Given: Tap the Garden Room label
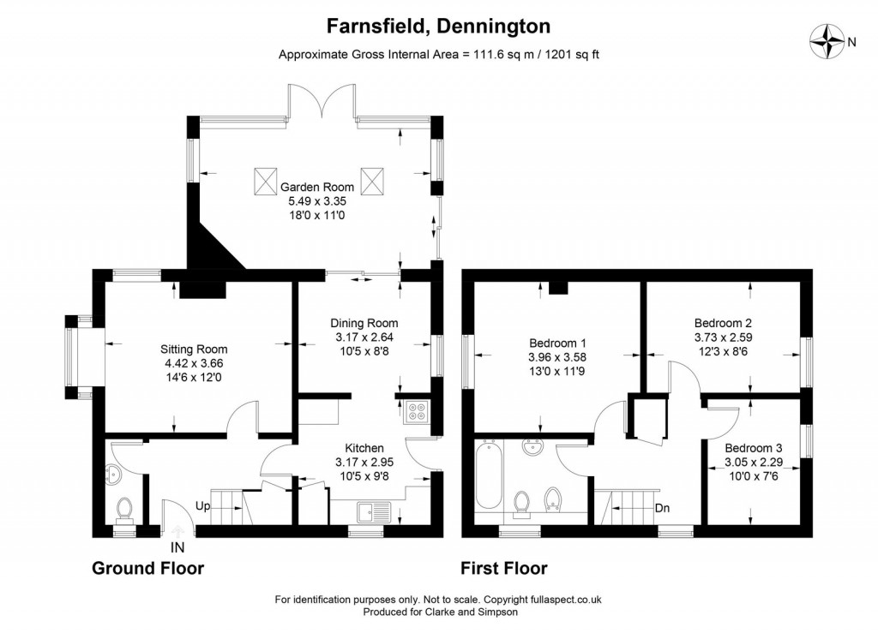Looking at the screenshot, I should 316,187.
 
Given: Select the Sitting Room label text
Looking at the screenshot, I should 194,349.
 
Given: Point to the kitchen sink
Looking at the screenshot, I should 375,513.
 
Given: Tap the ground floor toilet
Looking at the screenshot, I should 124,511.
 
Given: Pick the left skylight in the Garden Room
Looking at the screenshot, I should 262,182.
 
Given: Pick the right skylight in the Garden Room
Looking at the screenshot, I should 371,182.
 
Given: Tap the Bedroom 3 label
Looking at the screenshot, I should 753,448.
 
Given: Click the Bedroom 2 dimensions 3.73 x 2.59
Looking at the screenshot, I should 723,337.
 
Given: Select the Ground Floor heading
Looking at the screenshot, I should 147,569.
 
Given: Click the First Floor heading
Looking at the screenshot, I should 504,569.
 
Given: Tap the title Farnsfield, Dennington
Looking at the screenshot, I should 438,27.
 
